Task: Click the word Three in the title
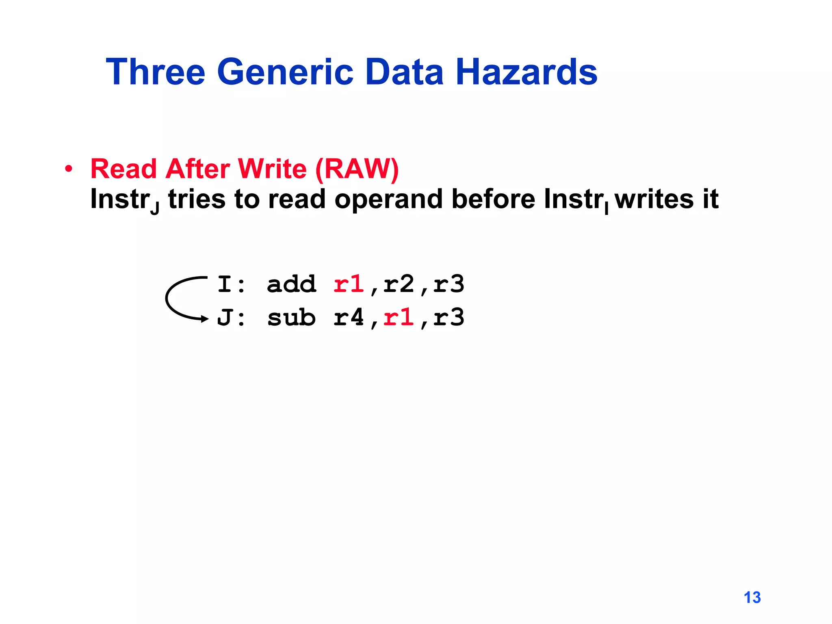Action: tap(156, 72)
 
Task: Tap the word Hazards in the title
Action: tap(526, 72)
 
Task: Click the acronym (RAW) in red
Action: tap(357, 169)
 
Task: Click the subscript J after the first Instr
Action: tap(155, 209)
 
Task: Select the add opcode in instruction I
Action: tap(291, 284)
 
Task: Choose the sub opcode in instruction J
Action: tap(291, 317)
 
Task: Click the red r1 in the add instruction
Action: tap(349, 284)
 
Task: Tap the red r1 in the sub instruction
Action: tap(399, 317)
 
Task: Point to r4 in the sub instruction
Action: tap(349, 317)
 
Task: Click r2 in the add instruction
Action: tap(399, 284)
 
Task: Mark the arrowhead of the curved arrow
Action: tap(205, 319)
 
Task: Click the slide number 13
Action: tap(752, 597)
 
